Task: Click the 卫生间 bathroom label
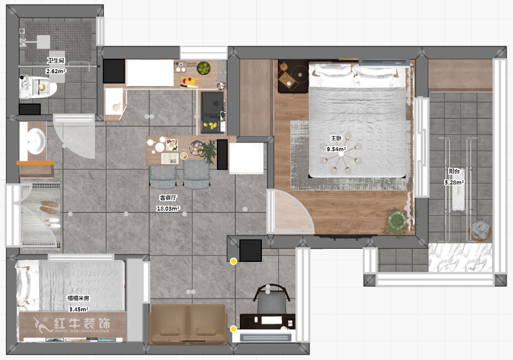56,61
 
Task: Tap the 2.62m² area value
56,71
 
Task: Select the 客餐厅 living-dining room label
168,198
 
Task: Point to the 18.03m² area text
168,208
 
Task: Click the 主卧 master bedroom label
336,138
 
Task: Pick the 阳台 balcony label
454,171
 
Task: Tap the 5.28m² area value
454,182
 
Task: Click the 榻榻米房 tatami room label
78,298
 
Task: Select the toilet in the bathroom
38,87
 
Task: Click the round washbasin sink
36,141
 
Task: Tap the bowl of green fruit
203,68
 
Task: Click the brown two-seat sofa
188,324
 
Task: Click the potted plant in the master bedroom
396,221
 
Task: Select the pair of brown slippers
49,207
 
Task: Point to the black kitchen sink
213,103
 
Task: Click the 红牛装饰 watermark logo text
82,324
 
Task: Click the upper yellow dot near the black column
233,261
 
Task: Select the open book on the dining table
170,158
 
